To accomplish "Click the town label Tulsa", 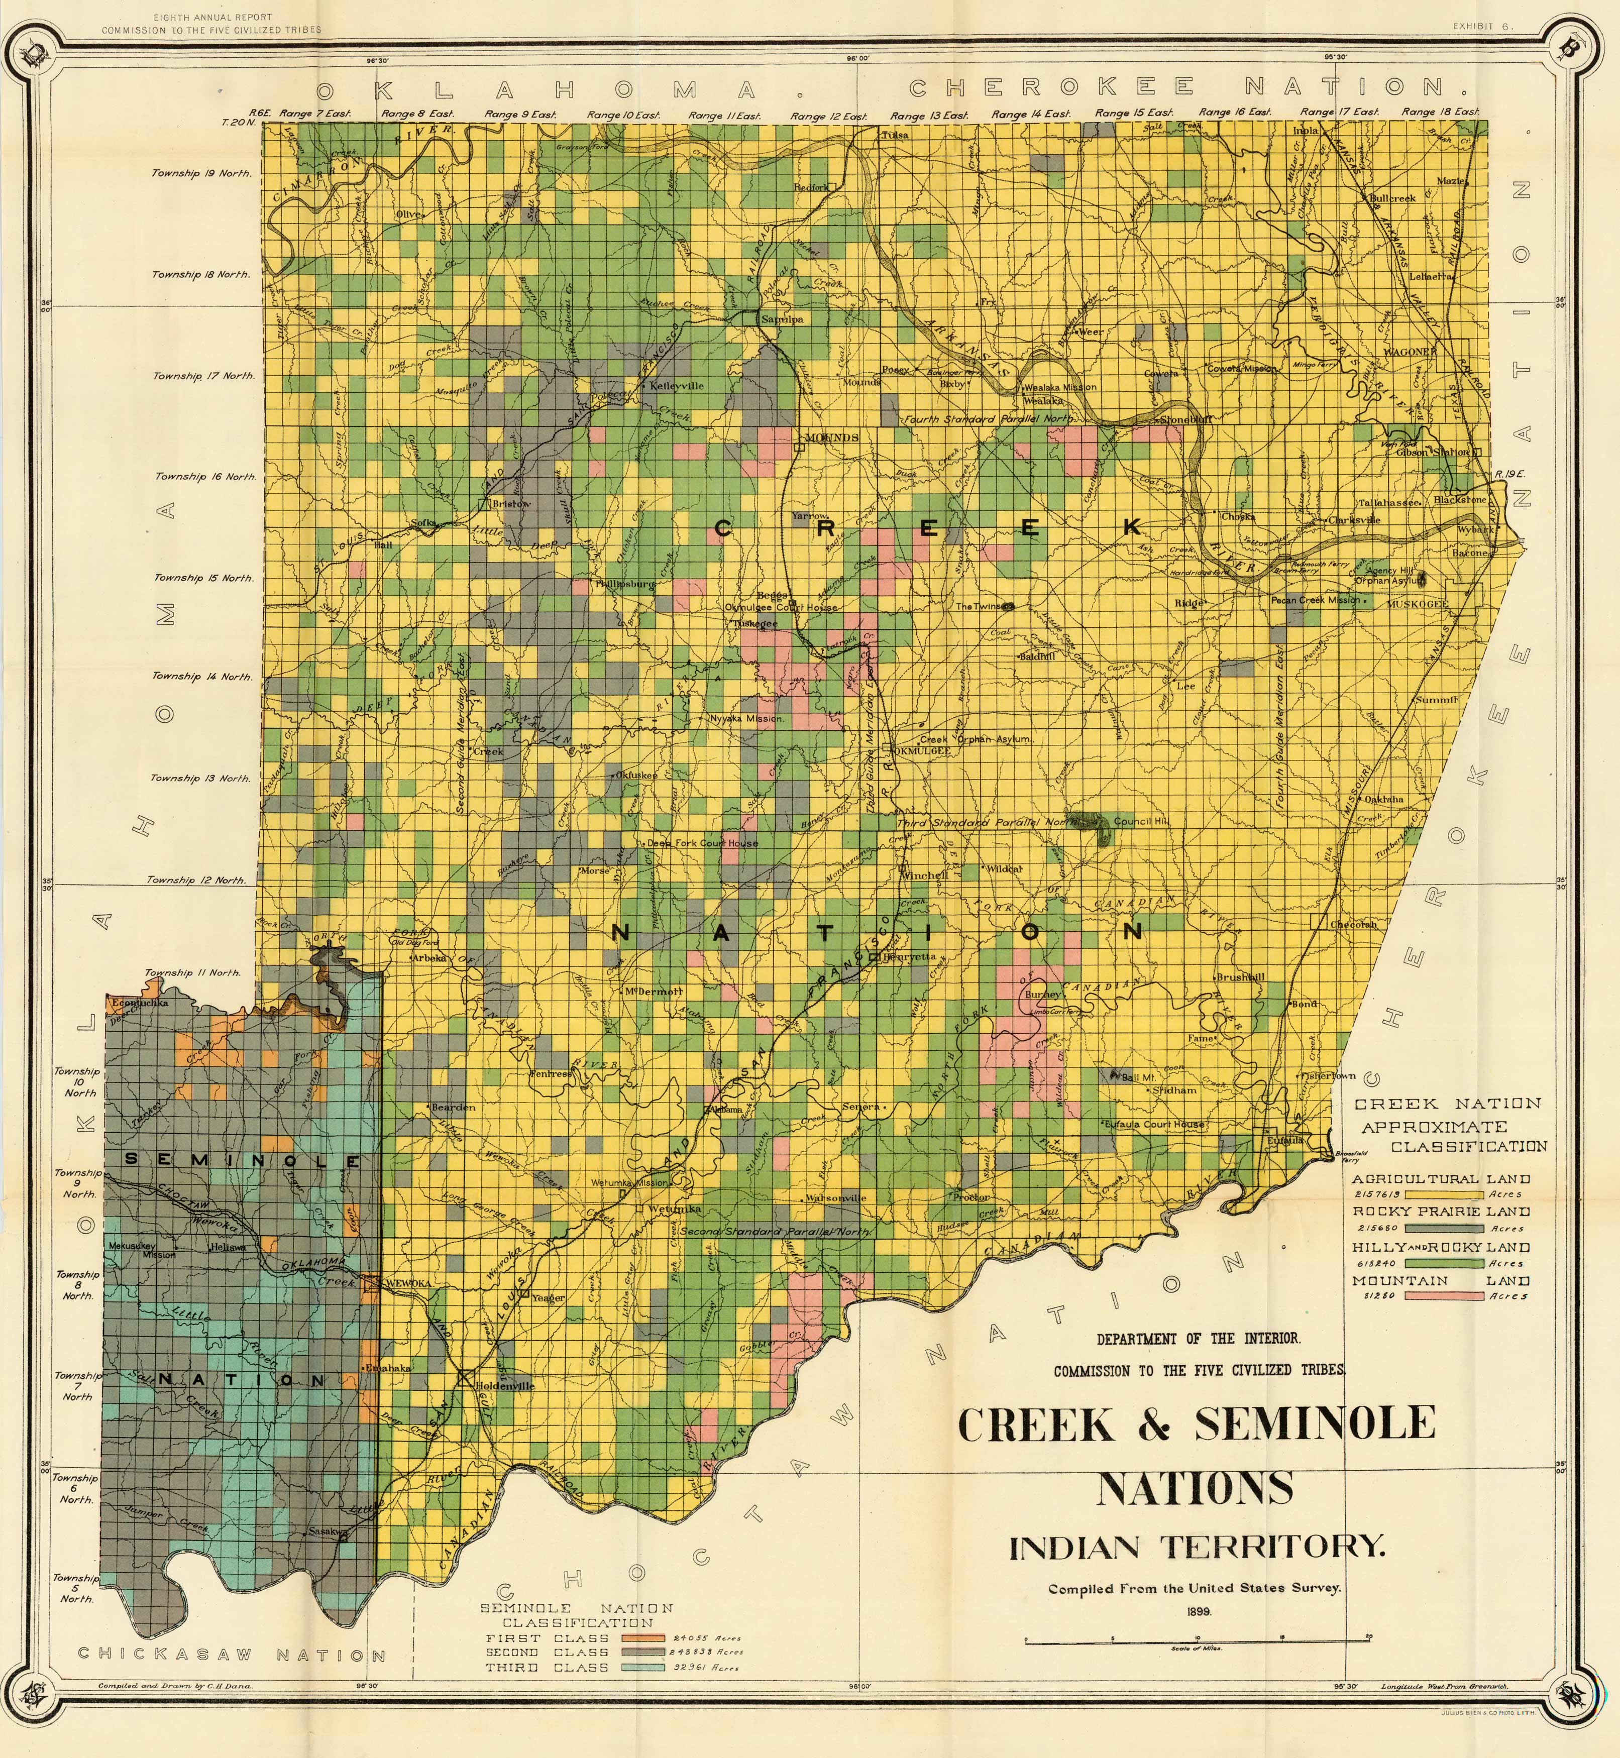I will [895, 136].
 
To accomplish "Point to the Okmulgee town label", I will [920, 751].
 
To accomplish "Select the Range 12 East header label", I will [828, 116].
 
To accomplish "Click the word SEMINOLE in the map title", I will [1315, 1423].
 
